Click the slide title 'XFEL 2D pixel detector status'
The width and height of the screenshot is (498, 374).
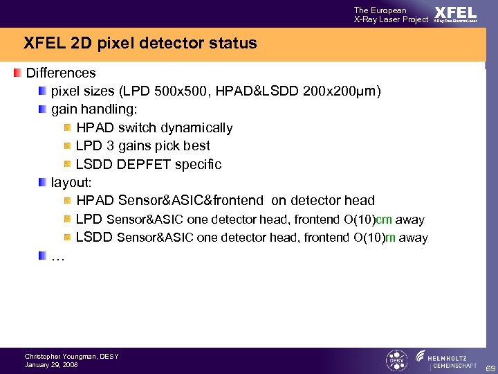140,43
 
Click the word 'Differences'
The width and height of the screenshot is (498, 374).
61,73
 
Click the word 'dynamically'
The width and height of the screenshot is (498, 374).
199,127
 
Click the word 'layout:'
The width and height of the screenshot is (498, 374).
72,182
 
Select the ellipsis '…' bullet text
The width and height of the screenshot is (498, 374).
58,256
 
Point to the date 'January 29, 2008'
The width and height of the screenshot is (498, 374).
51,365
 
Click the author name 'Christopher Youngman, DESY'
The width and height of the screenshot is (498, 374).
72,356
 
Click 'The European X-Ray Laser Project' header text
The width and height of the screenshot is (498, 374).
391,15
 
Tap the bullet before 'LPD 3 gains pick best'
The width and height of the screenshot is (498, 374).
68,145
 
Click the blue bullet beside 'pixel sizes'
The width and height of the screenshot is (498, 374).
43,91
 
